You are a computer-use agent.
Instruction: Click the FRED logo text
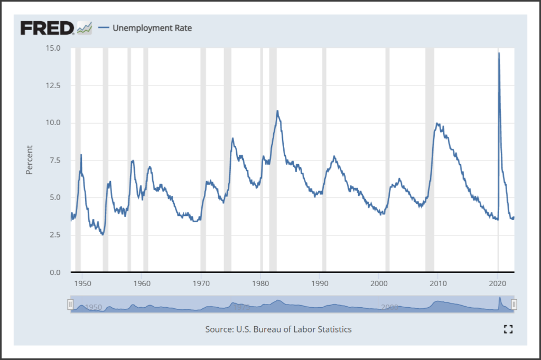click(47, 28)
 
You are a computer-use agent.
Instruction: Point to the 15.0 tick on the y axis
click(54, 48)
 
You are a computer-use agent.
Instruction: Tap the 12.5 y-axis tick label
click(54, 86)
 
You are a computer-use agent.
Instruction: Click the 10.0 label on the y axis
click(54, 123)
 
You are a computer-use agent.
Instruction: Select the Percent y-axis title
click(30, 160)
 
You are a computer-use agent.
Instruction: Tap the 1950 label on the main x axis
click(83, 283)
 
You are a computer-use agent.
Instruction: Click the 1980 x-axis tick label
click(260, 283)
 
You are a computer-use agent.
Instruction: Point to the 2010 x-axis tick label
click(438, 283)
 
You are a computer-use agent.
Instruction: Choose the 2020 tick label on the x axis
click(497, 283)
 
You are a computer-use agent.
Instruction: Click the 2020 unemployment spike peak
click(499, 53)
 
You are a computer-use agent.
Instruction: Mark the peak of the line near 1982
click(277, 111)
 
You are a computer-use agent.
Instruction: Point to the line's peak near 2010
click(437, 124)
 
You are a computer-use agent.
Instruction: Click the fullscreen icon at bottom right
click(508, 329)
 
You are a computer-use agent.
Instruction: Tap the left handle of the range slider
click(70, 304)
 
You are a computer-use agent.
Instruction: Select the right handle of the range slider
click(514, 304)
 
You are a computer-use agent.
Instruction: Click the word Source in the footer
click(219, 329)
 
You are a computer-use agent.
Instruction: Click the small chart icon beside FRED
click(84, 28)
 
